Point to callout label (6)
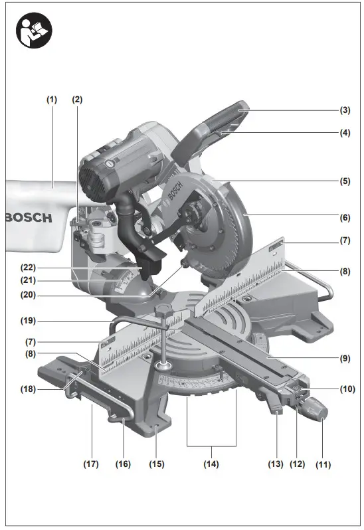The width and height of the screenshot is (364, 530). (344, 217)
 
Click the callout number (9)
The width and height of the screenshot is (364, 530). (344, 359)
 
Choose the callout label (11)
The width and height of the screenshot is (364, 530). (322, 464)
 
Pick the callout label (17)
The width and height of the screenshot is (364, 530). (90, 464)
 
